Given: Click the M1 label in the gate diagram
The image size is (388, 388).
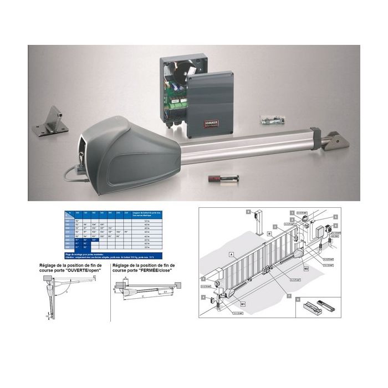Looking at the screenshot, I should (242, 304).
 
